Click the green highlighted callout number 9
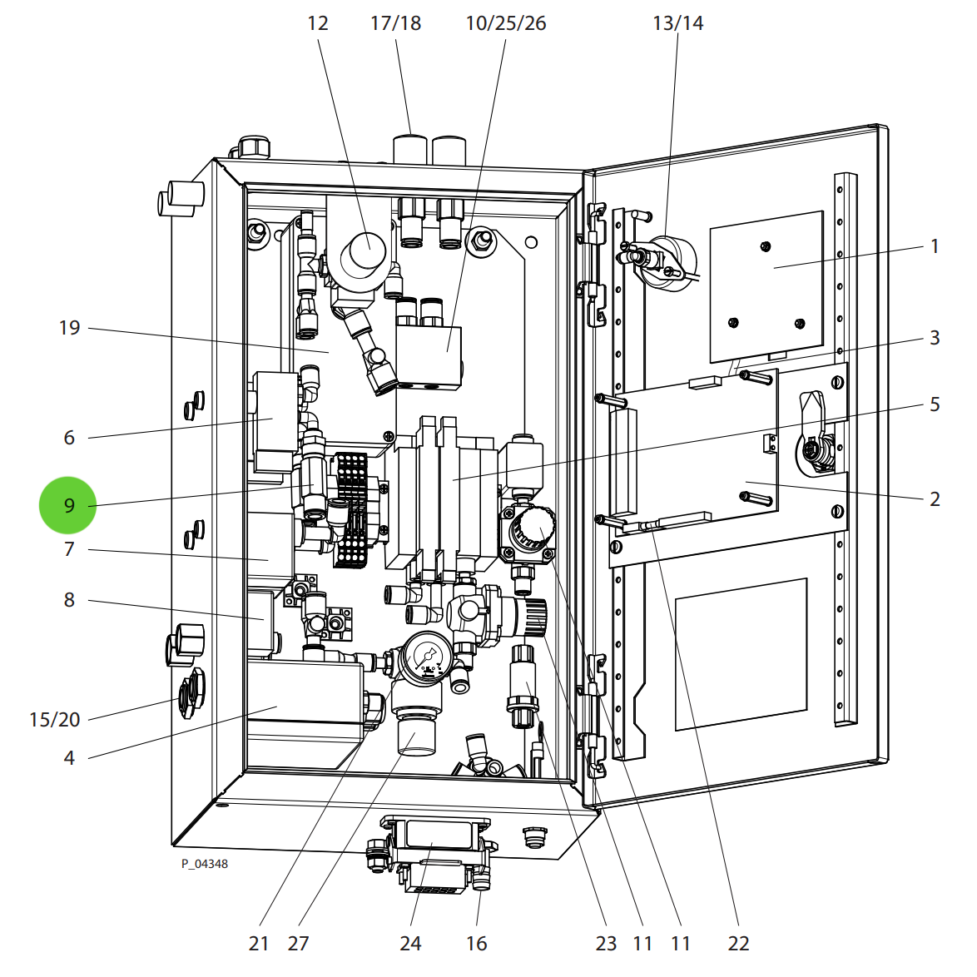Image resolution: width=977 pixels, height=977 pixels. click(x=68, y=505)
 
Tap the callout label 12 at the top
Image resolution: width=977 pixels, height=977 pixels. click(x=318, y=23)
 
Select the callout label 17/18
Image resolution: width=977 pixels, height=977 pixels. click(x=395, y=23)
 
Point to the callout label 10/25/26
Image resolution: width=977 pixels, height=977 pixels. click(x=505, y=23)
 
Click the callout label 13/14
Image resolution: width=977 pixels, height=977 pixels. click(x=677, y=23)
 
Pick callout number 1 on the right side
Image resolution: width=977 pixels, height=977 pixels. click(x=935, y=246)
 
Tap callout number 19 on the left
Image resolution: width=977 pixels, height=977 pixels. click(x=69, y=328)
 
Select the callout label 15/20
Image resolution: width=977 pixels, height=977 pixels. click(x=55, y=720)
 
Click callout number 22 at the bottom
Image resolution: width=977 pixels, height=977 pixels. click(x=738, y=944)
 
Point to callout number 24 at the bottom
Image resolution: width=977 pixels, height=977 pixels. click(x=410, y=944)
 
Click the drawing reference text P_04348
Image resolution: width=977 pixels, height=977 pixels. click(x=205, y=864)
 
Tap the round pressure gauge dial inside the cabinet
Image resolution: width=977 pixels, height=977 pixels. click(x=429, y=657)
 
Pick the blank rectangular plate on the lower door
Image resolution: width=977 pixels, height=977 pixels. click(x=741, y=654)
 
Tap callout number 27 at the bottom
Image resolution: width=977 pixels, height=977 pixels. click(x=298, y=944)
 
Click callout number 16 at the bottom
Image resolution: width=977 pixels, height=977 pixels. click(x=476, y=944)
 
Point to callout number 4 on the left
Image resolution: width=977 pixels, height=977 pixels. click(x=69, y=758)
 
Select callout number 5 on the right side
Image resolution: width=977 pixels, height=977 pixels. click(x=935, y=404)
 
